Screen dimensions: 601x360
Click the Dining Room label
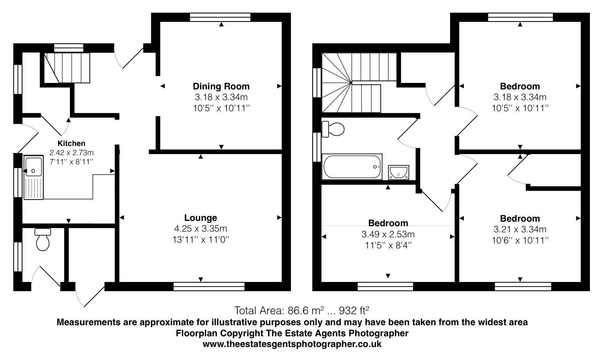[221, 86]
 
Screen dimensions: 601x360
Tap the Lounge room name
[201, 218]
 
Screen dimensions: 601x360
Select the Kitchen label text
[71, 144]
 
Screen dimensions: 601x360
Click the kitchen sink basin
[33, 166]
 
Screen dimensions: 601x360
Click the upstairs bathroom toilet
[333, 129]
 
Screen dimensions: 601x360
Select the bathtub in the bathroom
[352, 167]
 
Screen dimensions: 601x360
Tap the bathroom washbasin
[399, 172]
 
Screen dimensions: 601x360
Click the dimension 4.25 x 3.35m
[201, 229]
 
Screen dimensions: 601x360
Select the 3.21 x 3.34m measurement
[520, 230]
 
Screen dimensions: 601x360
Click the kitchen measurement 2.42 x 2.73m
[71, 153]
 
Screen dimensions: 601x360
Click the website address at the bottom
[292, 344]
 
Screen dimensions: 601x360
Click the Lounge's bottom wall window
[209, 286]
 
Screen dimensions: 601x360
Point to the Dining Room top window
[220, 17]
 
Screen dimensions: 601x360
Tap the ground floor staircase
[66, 68]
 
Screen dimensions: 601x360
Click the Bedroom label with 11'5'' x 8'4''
[388, 223]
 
